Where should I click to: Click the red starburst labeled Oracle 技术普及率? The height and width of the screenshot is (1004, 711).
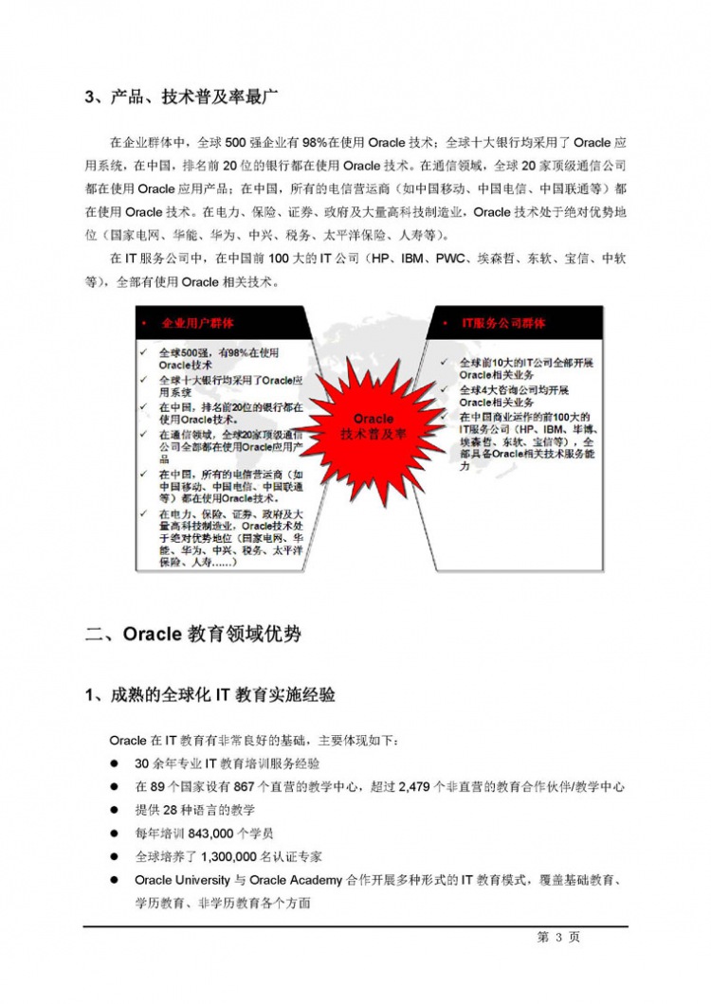click(x=374, y=425)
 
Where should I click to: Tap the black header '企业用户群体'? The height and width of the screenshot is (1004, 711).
click(x=198, y=323)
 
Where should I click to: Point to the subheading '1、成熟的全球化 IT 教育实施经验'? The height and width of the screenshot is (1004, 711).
click(x=210, y=695)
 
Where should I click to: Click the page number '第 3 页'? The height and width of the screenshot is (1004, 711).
click(x=558, y=937)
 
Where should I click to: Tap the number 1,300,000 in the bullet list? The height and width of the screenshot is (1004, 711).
click(x=233, y=856)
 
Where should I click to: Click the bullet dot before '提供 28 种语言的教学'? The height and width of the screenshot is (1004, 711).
click(x=114, y=811)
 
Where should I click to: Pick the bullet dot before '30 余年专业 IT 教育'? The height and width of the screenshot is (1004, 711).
click(x=114, y=763)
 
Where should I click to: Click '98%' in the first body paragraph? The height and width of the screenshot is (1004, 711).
click(x=317, y=143)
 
